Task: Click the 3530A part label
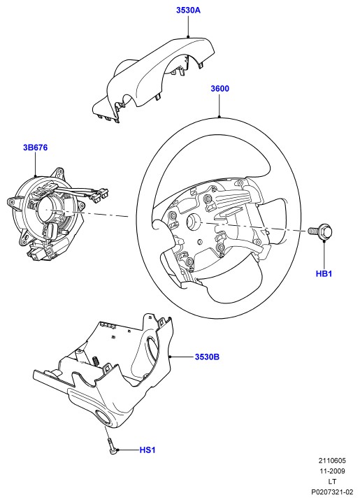coord(188,10)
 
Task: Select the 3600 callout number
coord(219,88)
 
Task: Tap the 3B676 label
coord(35,148)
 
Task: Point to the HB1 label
coord(324,274)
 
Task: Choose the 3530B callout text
coord(207,357)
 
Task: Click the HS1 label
coord(147,450)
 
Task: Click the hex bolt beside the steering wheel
coord(321,231)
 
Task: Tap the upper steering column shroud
coord(154,77)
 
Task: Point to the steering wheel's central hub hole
coord(193,221)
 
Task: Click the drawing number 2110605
coord(332,461)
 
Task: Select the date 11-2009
coord(332,471)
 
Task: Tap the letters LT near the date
coord(332,481)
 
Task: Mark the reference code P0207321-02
coord(332,492)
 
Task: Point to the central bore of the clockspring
coord(47,208)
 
